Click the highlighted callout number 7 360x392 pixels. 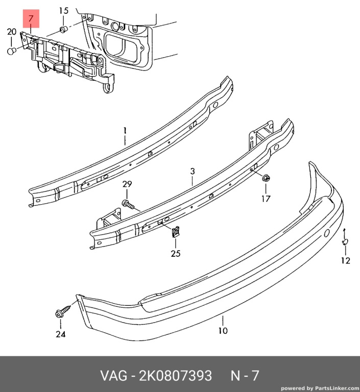point(31,18)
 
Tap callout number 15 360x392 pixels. point(63,11)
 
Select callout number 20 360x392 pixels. point(12,32)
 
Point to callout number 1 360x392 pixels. point(125,131)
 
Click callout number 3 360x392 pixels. point(193,171)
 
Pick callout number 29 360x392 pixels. point(127,184)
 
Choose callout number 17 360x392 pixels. point(266,199)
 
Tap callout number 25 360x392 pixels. point(175,254)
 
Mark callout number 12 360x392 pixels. point(346,261)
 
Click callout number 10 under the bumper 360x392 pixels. point(223,331)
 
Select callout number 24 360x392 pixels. point(60,334)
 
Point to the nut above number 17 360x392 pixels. point(266,179)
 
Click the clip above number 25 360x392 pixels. point(176,232)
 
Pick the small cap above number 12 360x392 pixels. point(345,241)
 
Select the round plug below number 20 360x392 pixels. point(12,51)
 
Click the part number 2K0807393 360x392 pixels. point(175,375)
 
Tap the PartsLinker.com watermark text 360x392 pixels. point(320,388)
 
